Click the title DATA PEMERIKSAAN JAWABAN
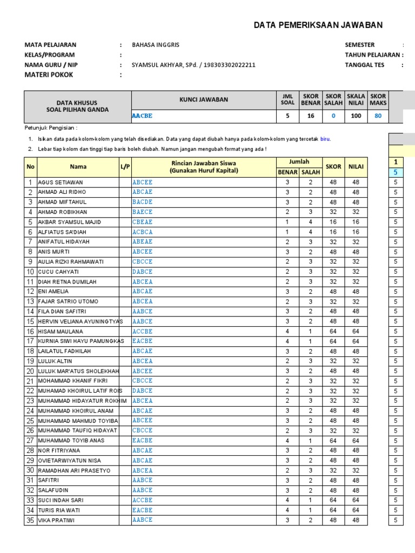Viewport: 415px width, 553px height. pyautogui.click(x=318, y=25)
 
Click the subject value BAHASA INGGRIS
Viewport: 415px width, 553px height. pyautogui.click(x=157, y=45)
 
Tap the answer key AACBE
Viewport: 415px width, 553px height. pyautogui.click(x=143, y=116)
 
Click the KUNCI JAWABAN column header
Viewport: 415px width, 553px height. pyautogui.click(x=204, y=99)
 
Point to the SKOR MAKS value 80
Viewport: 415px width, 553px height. pyautogui.click(x=378, y=116)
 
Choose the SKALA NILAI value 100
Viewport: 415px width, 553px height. pyautogui.click(x=356, y=116)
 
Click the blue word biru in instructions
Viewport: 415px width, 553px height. pyautogui.click(x=325, y=139)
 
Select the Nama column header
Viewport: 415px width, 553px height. pyautogui.click(x=78, y=167)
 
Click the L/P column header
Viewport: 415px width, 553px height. pyautogui.click(x=125, y=167)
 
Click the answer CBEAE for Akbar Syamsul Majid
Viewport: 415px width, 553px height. pyautogui.click(x=143, y=222)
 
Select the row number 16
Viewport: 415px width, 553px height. pyautogui.click(x=30, y=332)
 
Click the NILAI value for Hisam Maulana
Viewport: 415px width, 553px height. pyautogui.click(x=356, y=332)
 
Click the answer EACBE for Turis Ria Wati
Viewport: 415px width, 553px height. pyautogui.click(x=143, y=510)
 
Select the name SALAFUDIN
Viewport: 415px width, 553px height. pyautogui.click(x=53, y=490)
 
